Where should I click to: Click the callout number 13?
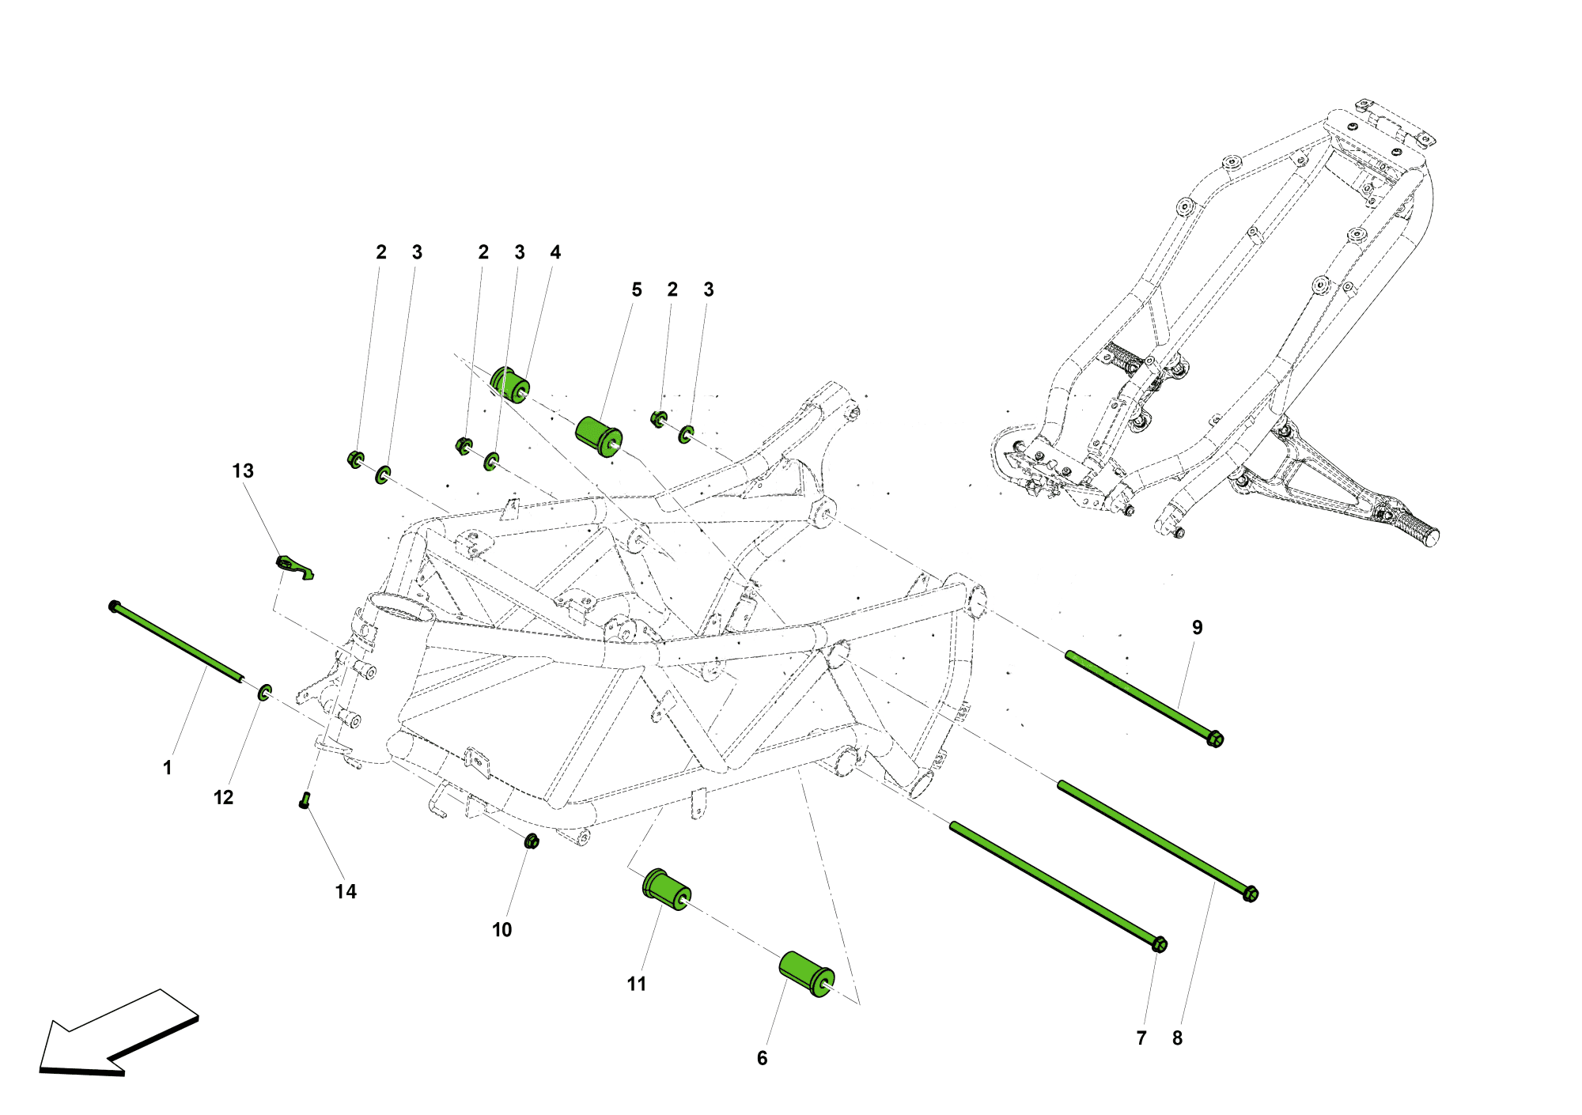click(243, 471)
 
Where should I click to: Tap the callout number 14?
click(346, 892)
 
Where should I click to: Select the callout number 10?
click(502, 930)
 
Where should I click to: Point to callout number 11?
click(637, 985)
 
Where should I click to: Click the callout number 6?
click(762, 1059)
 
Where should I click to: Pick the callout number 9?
click(1197, 628)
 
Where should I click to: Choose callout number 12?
click(224, 798)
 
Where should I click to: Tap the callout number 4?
click(555, 252)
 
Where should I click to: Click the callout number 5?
click(637, 290)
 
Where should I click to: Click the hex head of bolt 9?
click(1216, 739)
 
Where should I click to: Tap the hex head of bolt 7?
click(1160, 944)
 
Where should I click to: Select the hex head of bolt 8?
click(1251, 894)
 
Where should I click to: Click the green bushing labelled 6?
click(806, 974)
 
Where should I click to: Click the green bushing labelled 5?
click(599, 437)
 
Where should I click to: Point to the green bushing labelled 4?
click(509, 384)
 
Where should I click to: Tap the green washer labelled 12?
click(265, 694)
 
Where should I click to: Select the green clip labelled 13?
click(293, 566)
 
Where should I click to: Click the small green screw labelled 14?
click(305, 800)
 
